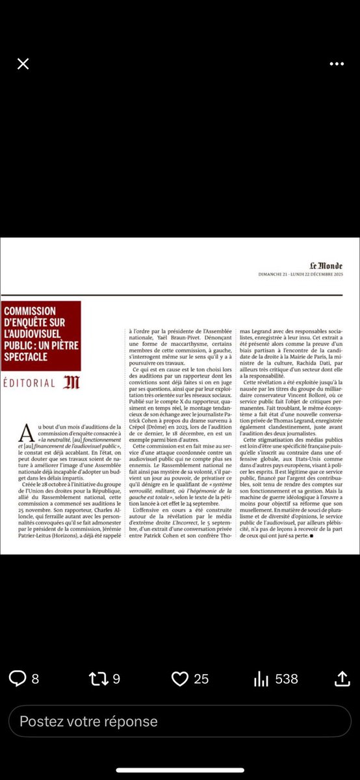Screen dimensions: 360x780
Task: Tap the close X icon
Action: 23,64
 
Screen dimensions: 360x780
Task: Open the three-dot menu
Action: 336,64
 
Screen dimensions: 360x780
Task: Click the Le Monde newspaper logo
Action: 327,265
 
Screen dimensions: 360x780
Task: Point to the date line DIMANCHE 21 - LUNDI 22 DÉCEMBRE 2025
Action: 305,274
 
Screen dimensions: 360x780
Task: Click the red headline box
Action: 41,335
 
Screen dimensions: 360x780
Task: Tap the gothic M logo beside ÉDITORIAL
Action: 71,383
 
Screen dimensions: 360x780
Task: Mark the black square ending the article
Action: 313,536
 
